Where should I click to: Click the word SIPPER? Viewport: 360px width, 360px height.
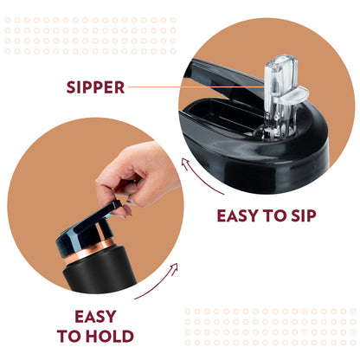pyautogui.click(x=95, y=87)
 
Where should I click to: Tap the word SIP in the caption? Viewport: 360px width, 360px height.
pyautogui.click(x=304, y=215)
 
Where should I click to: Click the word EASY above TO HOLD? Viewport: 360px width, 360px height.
pyautogui.click(x=95, y=316)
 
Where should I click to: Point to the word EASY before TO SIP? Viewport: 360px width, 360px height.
pyautogui.click(x=238, y=215)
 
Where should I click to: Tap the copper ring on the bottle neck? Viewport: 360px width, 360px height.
pyautogui.click(x=89, y=251)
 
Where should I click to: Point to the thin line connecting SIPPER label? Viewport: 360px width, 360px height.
pyautogui.click(x=196, y=87)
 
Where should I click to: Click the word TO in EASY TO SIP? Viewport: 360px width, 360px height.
pyautogui.click(x=275, y=215)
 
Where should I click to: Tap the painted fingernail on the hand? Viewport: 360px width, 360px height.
pyautogui.click(x=127, y=210)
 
